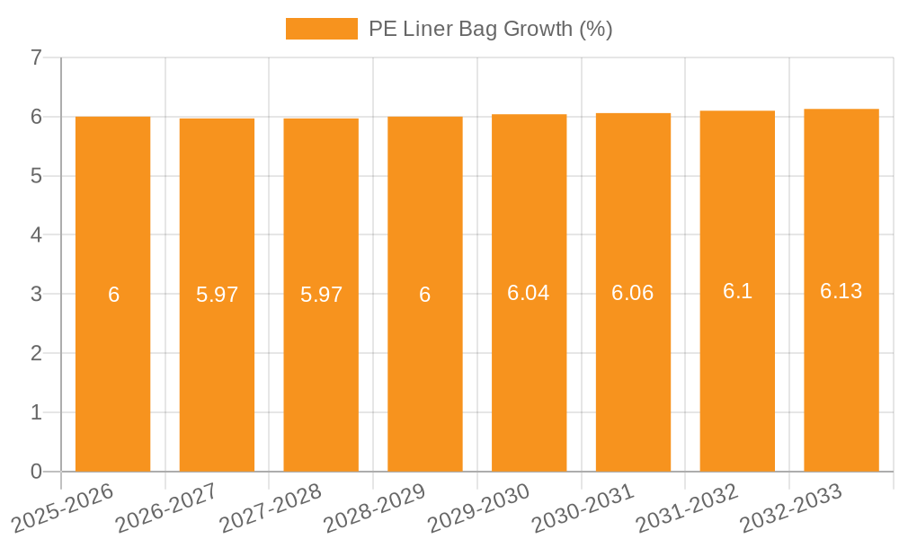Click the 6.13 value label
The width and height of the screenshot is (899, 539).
coord(841,291)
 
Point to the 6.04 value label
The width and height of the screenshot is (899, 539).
coord(529,293)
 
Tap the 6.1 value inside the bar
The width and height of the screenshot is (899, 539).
coord(737,291)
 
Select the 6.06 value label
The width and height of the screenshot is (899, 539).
coord(633,293)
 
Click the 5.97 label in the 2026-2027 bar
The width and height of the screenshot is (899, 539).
coord(217,295)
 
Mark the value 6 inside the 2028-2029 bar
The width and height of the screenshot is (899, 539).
coord(425,295)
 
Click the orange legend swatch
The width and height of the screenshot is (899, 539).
coord(321,29)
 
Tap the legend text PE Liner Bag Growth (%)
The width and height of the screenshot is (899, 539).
coord(490,29)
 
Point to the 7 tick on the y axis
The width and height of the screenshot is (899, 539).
coord(36,57)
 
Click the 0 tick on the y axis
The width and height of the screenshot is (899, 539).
coord(36,472)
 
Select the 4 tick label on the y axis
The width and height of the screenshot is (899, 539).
coord(36,235)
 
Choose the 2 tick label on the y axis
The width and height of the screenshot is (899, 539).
coord(36,353)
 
